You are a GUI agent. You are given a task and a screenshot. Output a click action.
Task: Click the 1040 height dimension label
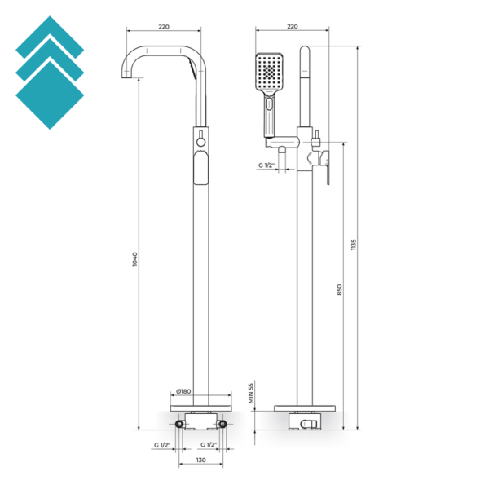134,259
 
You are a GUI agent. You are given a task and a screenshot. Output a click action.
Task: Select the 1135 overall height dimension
354,244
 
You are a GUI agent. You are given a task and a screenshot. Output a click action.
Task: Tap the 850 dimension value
340,289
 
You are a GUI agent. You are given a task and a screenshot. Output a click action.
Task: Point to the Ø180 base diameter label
183,391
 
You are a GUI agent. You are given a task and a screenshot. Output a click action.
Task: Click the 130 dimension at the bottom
200,460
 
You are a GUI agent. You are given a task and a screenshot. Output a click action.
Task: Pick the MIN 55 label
251,393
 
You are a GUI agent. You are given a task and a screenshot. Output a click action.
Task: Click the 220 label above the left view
164,27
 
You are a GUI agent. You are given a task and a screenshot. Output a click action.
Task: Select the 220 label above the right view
293,27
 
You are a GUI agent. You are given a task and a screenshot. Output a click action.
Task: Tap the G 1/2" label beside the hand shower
266,165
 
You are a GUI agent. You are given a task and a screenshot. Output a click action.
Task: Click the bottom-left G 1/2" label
162,445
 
